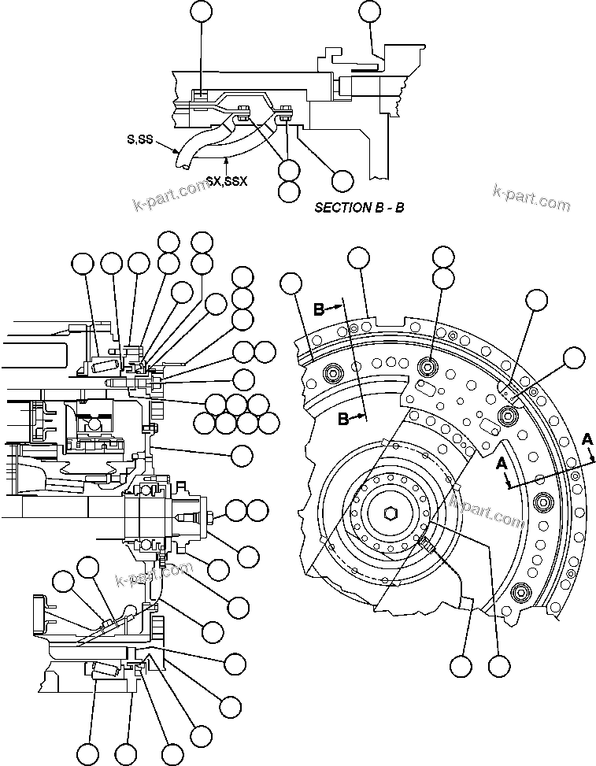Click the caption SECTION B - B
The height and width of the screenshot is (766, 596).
pyautogui.click(x=359, y=208)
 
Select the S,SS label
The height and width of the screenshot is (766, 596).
pyautogui.click(x=140, y=139)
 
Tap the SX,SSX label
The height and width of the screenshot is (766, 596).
pyautogui.click(x=226, y=180)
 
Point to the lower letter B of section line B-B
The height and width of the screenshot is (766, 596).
pyautogui.click(x=343, y=419)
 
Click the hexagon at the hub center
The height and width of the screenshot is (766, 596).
pyautogui.click(x=391, y=515)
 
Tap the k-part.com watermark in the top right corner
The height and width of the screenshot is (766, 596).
pyautogui.click(x=531, y=198)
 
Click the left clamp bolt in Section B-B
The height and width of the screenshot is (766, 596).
pyautogui.click(x=243, y=113)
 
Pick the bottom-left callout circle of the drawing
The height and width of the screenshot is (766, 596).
pyautogui.click(x=88, y=754)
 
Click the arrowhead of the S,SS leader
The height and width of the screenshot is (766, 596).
pyautogui.click(x=180, y=151)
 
